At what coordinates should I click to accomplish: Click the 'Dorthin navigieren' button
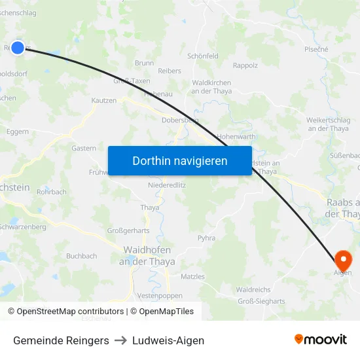pyautogui.click(x=179, y=160)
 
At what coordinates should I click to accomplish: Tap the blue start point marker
pyautogui.click(x=18, y=47)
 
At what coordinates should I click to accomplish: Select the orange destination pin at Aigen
pyautogui.click(x=342, y=259)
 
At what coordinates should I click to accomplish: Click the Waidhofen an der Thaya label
pyautogui.click(x=147, y=256)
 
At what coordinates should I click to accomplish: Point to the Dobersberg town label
pyautogui.click(x=180, y=120)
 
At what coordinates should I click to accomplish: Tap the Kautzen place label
pyautogui.click(x=104, y=100)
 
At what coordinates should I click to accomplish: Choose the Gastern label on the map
pyautogui.click(x=84, y=149)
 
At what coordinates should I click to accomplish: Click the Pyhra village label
pyautogui.click(x=206, y=238)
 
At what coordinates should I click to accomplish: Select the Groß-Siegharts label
pyautogui.click(x=261, y=302)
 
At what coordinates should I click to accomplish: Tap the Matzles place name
pyautogui.click(x=192, y=277)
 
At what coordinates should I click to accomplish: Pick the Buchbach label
pyautogui.click(x=81, y=256)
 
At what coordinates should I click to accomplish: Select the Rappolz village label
pyautogui.click(x=245, y=65)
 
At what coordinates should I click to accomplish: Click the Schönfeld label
pyautogui.click(x=203, y=56)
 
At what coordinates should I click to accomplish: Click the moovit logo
pyautogui.click(x=321, y=340)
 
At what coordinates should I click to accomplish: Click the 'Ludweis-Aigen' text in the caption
pyautogui.click(x=168, y=340)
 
